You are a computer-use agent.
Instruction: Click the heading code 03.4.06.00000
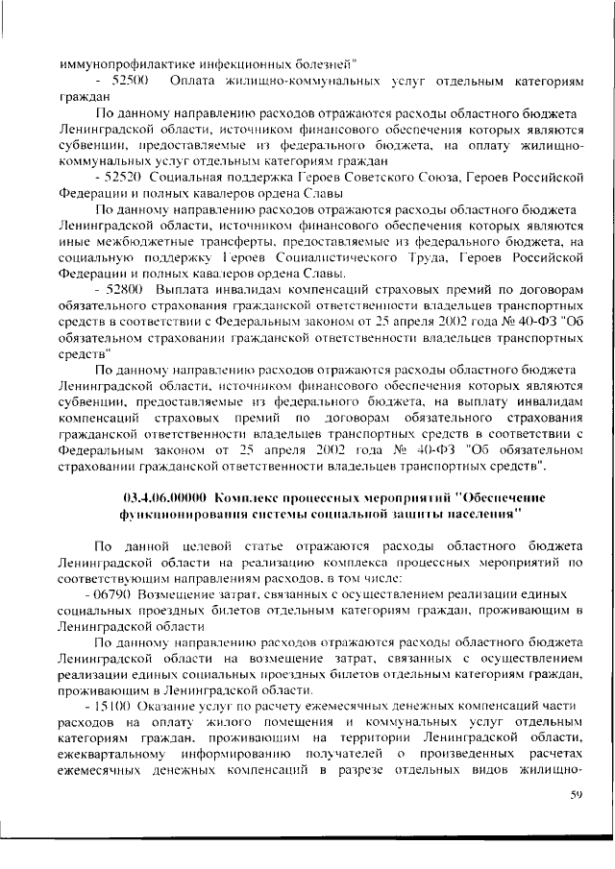[166, 497]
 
